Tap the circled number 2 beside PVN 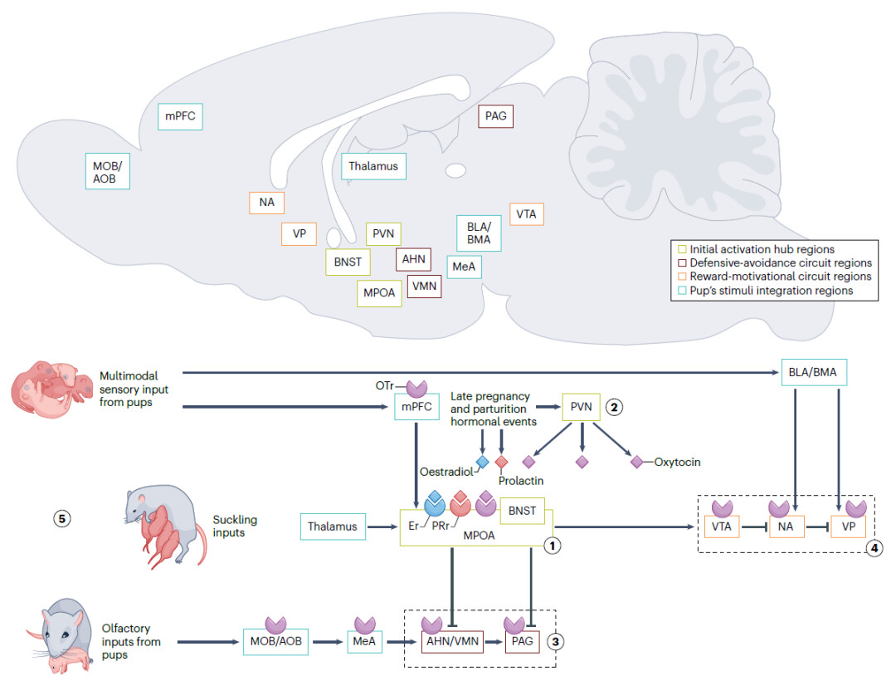[x=614, y=407]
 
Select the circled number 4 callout [x=871, y=548]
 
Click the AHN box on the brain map [x=413, y=259]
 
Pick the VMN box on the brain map [x=424, y=287]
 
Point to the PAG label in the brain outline [x=496, y=116]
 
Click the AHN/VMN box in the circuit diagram [x=453, y=642]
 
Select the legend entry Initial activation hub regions [x=755, y=249]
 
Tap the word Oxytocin [x=677, y=461]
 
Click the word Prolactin [x=520, y=480]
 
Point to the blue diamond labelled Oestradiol [x=482, y=461]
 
